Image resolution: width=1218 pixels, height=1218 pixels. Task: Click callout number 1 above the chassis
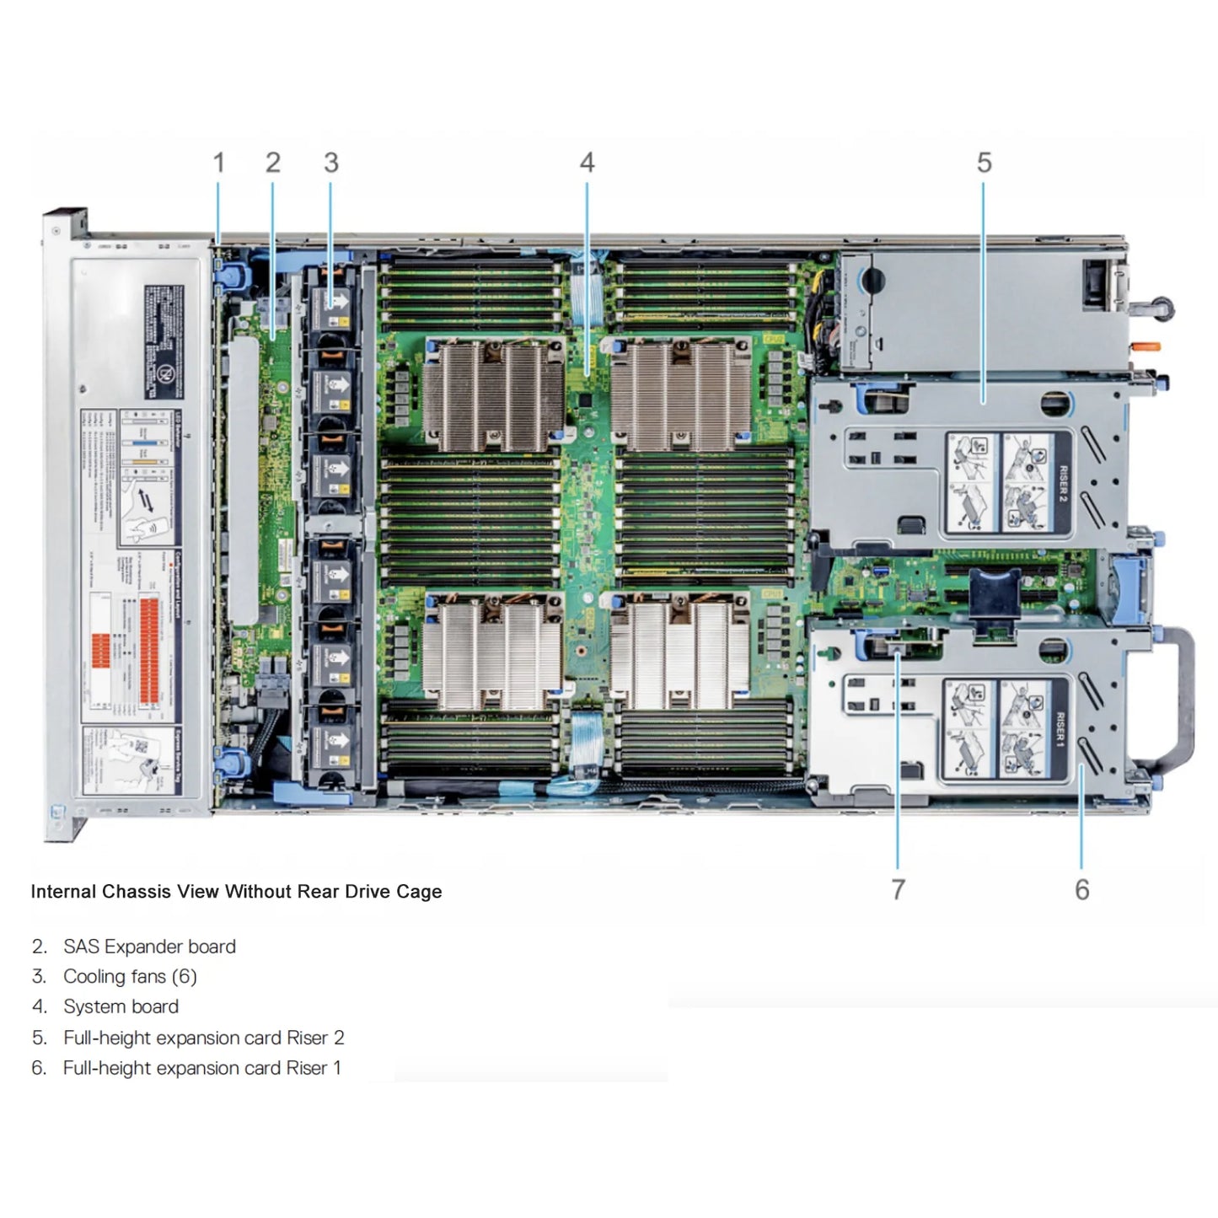(x=218, y=163)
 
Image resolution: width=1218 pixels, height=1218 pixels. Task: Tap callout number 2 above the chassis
(x=272, y=163)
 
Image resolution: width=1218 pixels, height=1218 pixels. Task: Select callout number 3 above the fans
(x=330, y=163)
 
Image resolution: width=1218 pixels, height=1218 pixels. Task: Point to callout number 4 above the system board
(x=587, y=163)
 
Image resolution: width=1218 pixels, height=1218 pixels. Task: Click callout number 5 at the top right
(x=984, y=163)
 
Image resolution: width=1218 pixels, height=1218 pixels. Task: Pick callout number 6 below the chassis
(x=1081, y=889)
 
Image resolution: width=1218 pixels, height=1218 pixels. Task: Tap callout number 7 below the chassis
(x=898, y=889)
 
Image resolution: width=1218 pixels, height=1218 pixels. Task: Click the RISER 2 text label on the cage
(x=1062, y=483)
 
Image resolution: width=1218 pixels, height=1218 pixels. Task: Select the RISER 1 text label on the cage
(x=1060, y=729)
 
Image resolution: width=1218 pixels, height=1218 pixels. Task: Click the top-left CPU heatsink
(x=494, y=394)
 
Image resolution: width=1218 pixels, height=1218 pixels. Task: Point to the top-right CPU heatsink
(x=681, y=394)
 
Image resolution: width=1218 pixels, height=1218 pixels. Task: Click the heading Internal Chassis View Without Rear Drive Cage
(x=236, y=892)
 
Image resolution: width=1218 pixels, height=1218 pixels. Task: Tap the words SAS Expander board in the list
(x=149, y=947)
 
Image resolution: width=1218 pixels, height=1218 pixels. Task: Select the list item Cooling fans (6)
(x=130, y=977)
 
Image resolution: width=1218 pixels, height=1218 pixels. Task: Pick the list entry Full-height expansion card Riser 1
(x=201, y=1068)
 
